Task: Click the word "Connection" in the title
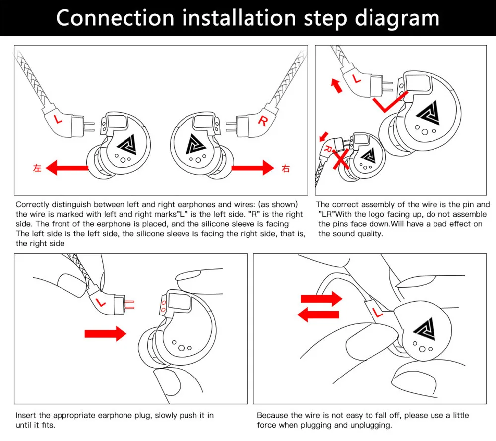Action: click(x=116, y=18)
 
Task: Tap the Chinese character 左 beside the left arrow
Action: click(x=37, y=168)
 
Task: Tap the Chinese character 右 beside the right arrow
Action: click(x=285, y=168)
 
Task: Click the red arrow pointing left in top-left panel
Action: click(x=69, y=168)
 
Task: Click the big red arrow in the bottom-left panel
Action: click(x=106, y=334)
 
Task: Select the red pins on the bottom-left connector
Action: click(x=130, y=304)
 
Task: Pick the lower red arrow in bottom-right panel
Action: click(x=318, y=314)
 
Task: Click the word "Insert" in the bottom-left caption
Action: click(x=25, y=415)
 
